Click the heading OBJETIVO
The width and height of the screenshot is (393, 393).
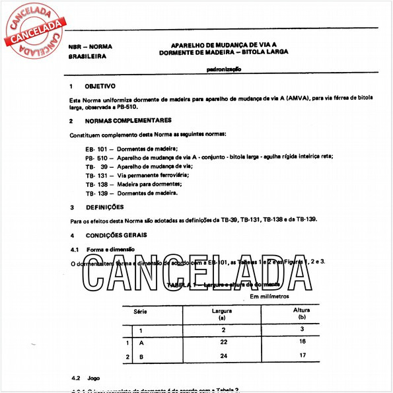point(100,87)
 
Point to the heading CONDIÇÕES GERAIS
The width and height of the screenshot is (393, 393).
point(116,235)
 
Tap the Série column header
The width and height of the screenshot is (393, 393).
point(141,310)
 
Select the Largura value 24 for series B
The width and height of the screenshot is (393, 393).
point(224,357)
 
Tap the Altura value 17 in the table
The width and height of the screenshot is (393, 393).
point(302,357)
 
